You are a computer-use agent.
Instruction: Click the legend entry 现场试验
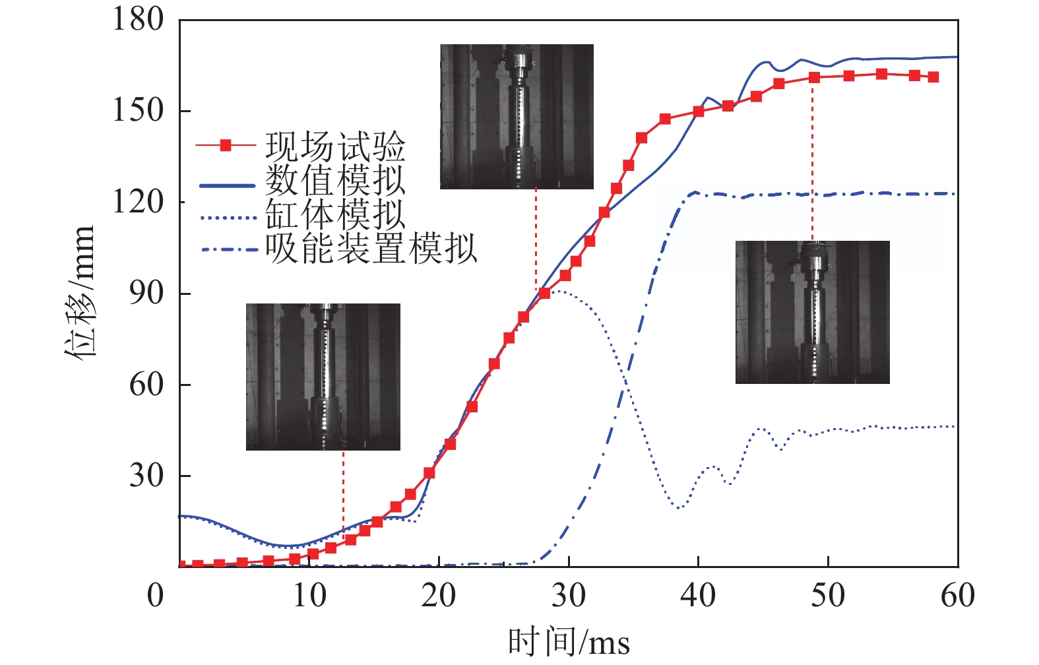[x=335, y=146]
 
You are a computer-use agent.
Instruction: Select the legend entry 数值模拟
[x=335, y=181]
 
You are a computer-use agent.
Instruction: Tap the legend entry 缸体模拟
[x=335, y=215]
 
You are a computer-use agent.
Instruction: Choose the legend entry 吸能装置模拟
[x=371, y=249]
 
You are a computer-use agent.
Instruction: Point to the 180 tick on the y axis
[x=138, y=19]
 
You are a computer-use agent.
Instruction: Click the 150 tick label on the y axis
[x=138, y=110]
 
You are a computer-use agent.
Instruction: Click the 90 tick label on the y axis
[x=146, y=293]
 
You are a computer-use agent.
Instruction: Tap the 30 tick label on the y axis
[x=146, y=476]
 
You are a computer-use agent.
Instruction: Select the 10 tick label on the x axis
[x=309, y=596]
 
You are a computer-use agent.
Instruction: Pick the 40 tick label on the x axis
[x=698, y=596]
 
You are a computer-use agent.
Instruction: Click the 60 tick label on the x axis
[x=957, y=596]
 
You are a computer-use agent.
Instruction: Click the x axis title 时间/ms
[x=569, y=642]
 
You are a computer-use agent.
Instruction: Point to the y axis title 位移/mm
[x=81, y=292]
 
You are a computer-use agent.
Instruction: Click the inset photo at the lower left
[x=323, y=377]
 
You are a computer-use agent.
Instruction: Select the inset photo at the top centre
[x=517, y=117]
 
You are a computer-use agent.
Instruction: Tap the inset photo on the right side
[x=812, y=312]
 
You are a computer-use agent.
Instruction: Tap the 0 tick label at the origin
[x=156, y=596]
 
